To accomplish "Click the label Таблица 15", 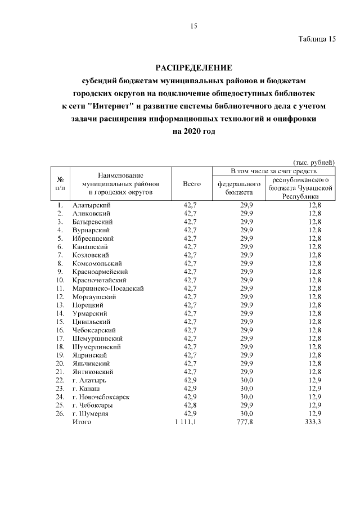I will [317, 39].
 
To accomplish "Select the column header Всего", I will [192, 183].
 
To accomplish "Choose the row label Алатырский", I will [91, 205].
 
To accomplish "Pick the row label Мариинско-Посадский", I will [108, 289].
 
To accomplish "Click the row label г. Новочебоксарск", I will [101, 397].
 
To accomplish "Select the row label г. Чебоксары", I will [92, 405].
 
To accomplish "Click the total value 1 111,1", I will [186, 422].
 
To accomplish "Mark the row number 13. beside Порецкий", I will [60, 305].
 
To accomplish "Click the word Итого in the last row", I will [82, 422].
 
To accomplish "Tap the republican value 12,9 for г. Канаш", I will [314, 388].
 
